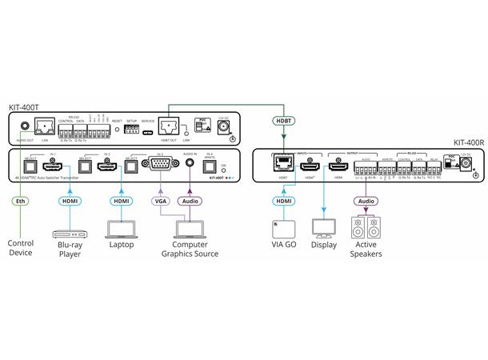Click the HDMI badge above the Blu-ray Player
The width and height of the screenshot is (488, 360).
tap(68, 202)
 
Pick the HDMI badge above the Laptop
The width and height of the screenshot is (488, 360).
tap(121, 202)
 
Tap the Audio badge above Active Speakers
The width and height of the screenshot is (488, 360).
tap(366, 202)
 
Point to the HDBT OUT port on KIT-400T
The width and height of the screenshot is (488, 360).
tap(169, 126)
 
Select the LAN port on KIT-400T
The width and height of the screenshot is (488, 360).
tap(45, 127)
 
